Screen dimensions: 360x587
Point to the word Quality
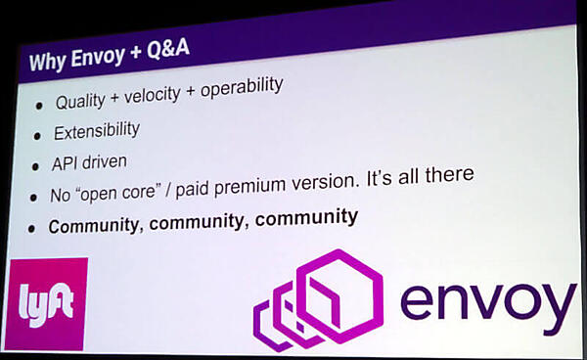click(82, 102)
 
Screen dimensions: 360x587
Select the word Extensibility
click(97, 130)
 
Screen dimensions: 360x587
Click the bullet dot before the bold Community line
click(31, 228)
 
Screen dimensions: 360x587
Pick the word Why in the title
click(45, 64)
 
